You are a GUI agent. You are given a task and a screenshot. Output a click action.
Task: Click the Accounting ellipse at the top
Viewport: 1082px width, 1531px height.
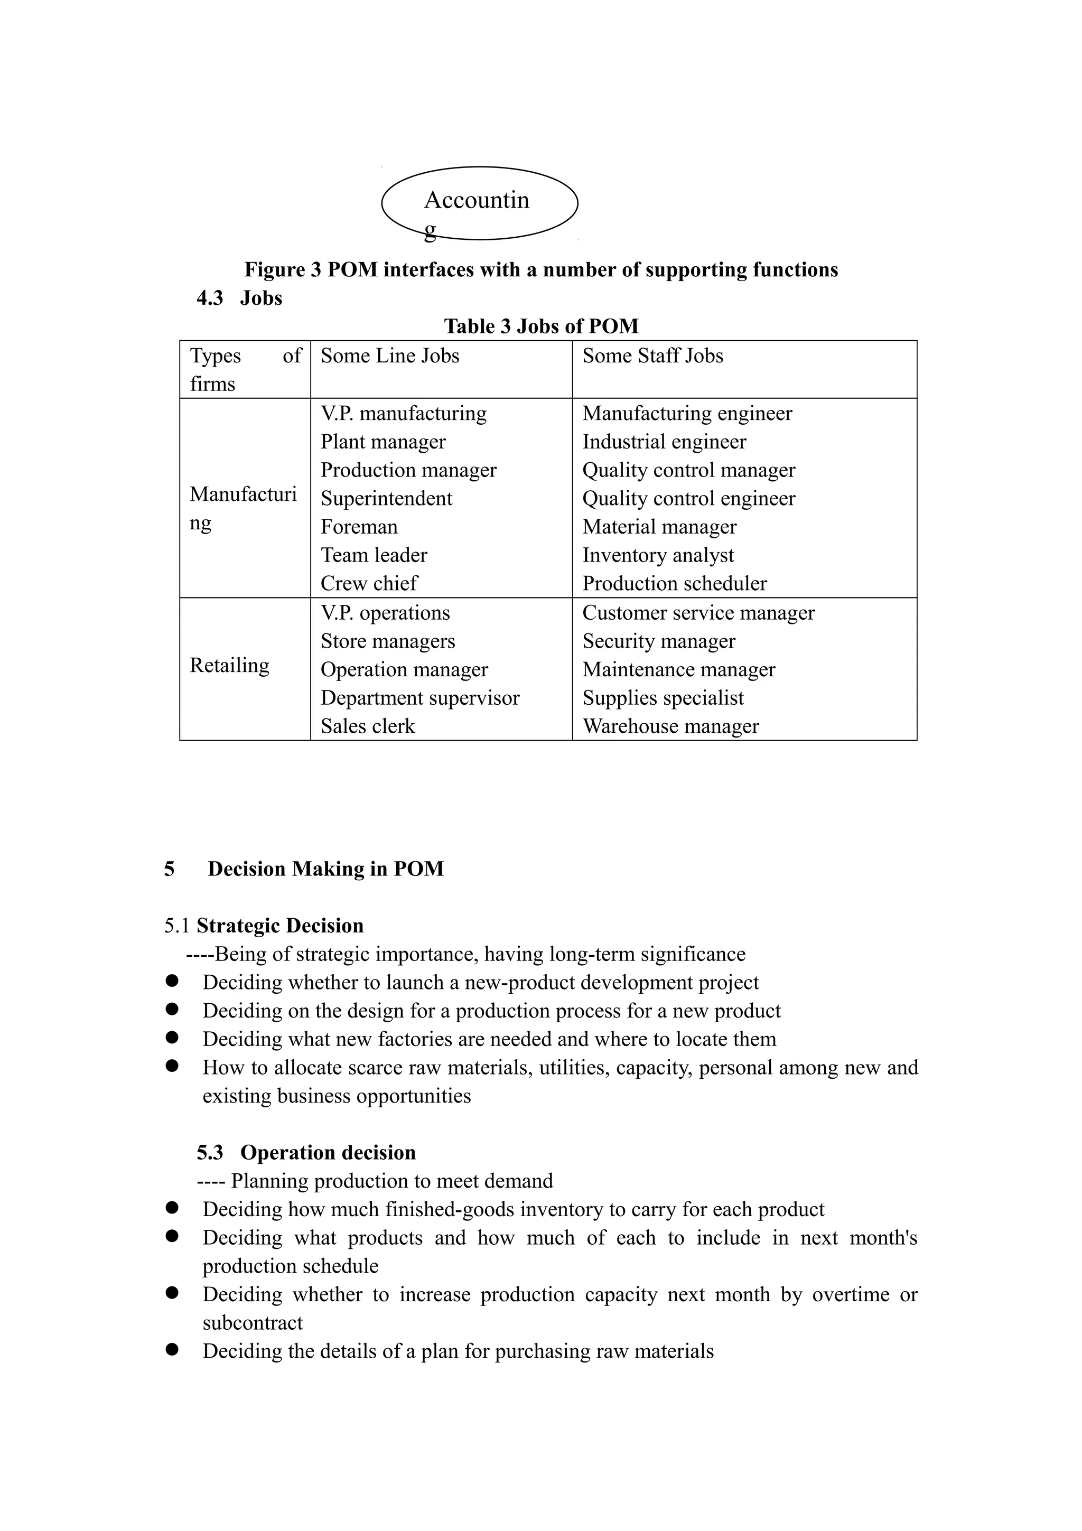[x=479, y=203]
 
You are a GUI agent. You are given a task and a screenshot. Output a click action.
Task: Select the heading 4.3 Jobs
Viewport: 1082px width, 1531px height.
[x=239, y=297]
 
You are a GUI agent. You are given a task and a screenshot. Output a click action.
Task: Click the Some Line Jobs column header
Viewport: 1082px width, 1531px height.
[x=389, y=356]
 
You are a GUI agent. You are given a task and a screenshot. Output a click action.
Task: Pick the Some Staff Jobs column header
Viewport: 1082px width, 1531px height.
[x=652, y=356]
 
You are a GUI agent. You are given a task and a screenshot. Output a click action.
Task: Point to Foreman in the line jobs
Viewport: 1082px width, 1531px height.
[x=359, y=527]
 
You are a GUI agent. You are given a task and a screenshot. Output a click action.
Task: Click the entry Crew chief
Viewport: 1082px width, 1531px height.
[x=369, y=583]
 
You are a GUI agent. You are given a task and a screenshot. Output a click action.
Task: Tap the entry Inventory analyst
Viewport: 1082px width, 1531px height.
[x=657, y=555]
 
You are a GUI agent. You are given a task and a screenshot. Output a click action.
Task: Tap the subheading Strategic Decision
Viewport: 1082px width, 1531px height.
[x=280, y=926]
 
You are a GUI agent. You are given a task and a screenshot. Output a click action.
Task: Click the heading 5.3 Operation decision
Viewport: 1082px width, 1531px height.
[x=306, y=1152]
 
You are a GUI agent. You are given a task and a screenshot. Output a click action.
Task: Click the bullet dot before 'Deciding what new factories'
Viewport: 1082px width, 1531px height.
[x=172, y=1037]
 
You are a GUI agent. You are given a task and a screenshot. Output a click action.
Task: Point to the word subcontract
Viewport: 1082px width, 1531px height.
[x=253, y=1322]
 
